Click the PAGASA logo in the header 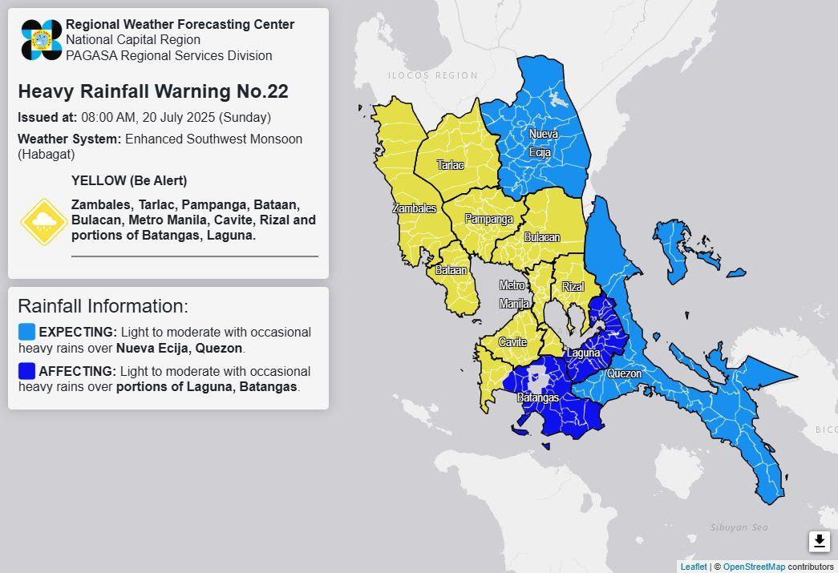click(x=42, y=40)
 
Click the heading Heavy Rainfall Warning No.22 click(x=153, y=91)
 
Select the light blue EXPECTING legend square click(x=27, y=332)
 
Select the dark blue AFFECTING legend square click(x=27, y=371)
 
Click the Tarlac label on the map click(x=450, y=165)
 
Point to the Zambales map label click(x=414, y=208)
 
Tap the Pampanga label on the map click(x=488, y=219)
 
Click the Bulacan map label click(x=542, y=237)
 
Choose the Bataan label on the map click(x=451, y=271)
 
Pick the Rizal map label click(x=573, y=287)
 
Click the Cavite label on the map click(x=512, y=342)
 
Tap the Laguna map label click(x=583, y=353)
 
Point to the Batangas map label click(x=537, y=397)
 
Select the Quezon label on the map click(x=624, y=373)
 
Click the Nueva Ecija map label click(x=543, y=143)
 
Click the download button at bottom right click(x=819, y=542)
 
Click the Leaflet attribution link click(x=694, y=567)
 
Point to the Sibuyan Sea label click(x=739, y=527)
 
